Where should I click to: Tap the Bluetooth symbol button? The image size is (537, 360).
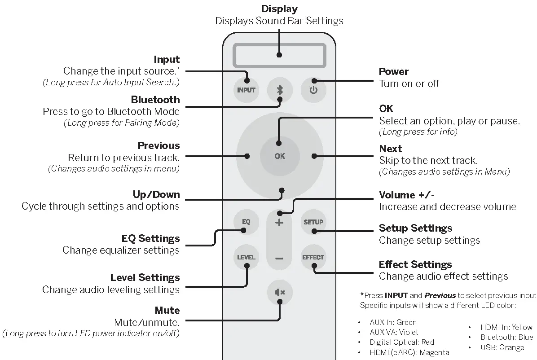[279, 89]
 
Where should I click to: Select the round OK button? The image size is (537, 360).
[279, 156]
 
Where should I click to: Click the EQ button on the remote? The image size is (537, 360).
[246, 222]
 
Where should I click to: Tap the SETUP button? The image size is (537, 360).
[313, 222]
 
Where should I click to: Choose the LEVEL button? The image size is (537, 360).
[246, 257]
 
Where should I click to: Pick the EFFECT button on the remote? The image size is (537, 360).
[313, 257]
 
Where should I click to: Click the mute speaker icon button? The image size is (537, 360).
[279, 293]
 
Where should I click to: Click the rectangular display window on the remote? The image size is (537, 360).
[279, 55]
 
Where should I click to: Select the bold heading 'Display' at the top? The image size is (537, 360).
[279, 9]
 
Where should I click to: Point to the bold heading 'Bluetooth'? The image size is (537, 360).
[155, 100]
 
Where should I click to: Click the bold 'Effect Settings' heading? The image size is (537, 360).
[415, 264]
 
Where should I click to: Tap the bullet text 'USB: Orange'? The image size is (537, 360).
[502, 347]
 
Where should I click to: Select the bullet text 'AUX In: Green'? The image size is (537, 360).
[393, 322]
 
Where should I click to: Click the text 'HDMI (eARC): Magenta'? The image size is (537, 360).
[409, 353]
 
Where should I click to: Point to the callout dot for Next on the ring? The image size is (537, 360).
[314, 156]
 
